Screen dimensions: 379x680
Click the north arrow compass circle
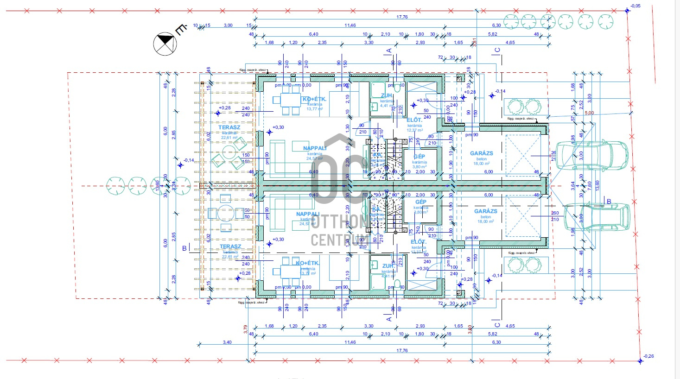(165, 44)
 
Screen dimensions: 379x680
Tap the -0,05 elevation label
(635, 6)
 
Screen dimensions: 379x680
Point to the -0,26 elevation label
(648, 356)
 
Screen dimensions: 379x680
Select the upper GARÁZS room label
(481, 153)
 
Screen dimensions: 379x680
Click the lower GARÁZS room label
(485, 211)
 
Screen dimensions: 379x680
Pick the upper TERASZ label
(229, 127)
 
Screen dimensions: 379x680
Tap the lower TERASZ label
(230, 247)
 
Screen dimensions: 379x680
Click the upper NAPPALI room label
(315, 148)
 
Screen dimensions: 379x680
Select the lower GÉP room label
(420, 202)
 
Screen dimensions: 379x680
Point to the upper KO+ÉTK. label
(314, 100)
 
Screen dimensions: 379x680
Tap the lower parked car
(597, 216)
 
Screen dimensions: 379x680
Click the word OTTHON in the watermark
(340, 222)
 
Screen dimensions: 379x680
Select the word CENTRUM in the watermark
(340, 240)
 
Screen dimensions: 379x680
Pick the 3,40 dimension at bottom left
(227, 342)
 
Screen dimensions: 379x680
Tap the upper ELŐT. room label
(414, 120)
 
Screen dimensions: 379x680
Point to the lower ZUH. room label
(388, 266)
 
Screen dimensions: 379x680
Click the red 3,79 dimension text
(246, 329)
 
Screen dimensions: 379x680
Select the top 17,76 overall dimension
(402, 17)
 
